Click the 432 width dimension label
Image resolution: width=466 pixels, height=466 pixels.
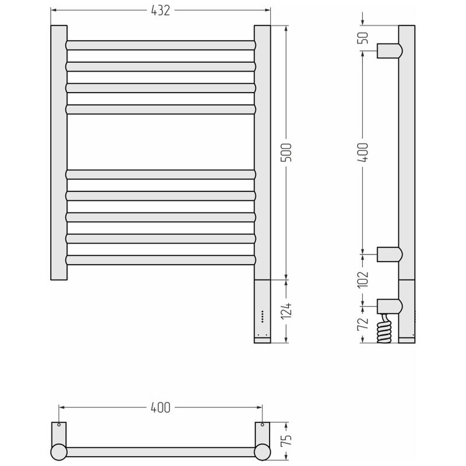point(161,10)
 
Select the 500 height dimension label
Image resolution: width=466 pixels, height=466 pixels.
point(287,153)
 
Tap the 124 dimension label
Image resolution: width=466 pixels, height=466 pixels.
point(287,311)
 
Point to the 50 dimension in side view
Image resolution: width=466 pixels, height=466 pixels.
point(363,37)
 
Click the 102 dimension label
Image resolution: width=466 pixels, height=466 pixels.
point(363,280)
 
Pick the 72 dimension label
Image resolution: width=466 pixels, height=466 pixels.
point(363,324)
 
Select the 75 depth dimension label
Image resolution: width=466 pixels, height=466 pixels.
point(287,442)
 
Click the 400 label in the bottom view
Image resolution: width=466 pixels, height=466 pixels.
point(161,407)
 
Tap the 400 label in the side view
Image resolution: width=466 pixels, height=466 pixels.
point(363,153)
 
